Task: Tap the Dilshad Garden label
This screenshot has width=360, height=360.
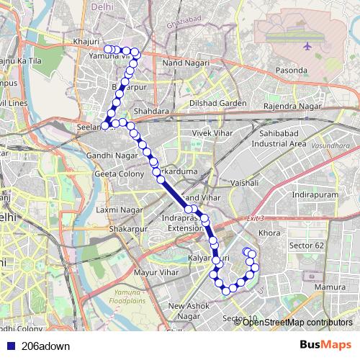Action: (217, 103)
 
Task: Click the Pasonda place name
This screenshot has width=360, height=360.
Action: (292, 71)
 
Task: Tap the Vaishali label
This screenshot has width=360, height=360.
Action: (243, 184)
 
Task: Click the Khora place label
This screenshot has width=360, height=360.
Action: (269, 234)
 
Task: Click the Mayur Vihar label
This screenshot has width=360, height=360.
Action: (156, 273)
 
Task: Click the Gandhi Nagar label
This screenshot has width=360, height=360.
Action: (112, 155)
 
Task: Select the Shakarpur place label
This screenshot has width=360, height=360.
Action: (127, 228)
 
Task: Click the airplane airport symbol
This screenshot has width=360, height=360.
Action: (308, 46)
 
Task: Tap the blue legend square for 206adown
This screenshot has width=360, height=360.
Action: (10, 346)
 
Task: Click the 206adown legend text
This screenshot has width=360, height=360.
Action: (46, 346)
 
